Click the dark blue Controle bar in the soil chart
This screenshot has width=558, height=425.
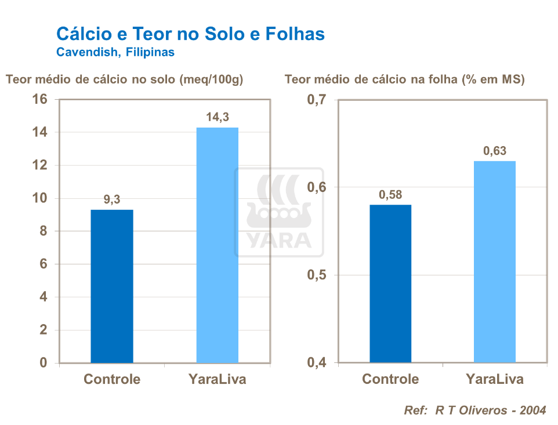pos(112,286)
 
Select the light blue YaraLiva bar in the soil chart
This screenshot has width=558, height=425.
pos(218,245)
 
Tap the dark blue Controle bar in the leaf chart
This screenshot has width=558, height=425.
pos(390,284)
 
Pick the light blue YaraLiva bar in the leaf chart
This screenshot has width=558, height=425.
pos(495,261)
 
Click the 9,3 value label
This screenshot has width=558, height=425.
pos(112,200)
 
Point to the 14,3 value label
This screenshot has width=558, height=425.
pos(218,118)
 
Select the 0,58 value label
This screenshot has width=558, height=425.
pos(390,195)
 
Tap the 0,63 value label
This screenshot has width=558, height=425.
pos(495,151)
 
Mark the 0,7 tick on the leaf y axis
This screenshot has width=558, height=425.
pos(316,100)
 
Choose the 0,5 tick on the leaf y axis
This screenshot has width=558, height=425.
pos(316,275)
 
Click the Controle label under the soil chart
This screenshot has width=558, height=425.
pos(112,379)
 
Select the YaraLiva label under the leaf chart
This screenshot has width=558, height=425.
pos(495,379)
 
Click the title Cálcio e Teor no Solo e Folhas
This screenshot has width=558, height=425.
pos(190,34)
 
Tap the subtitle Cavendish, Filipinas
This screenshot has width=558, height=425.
pos(115,52)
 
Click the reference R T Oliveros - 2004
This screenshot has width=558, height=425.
pos(474,411)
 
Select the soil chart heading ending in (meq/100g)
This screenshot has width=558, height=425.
pos(124,80)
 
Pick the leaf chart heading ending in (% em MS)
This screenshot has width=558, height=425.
pos(404,80)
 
